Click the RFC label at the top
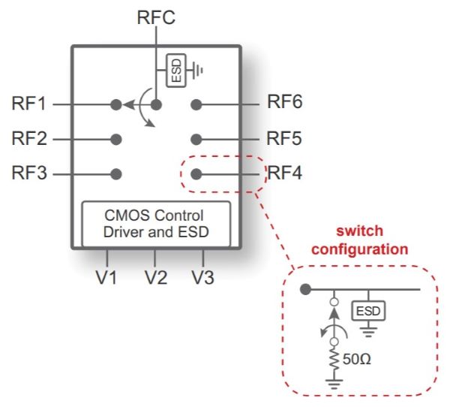[x=157, y=17]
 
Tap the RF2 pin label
[x=29, y=138]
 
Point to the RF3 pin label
[x=29, y=173]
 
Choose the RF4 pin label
[x=285, y=173]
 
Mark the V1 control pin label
[x=106, y=277]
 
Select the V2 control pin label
[x=156, y=277]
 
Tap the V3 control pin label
[x=202, y=277]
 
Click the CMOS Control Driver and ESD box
[x=155, y=223]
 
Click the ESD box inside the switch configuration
[x=368, y=310]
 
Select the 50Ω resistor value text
[x=357, y=358]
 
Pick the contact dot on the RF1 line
[x=116, y=104]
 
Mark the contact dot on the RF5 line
[x=196, y=139]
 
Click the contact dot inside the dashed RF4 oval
[x=196, y=173]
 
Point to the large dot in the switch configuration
[x=304, y=290]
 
